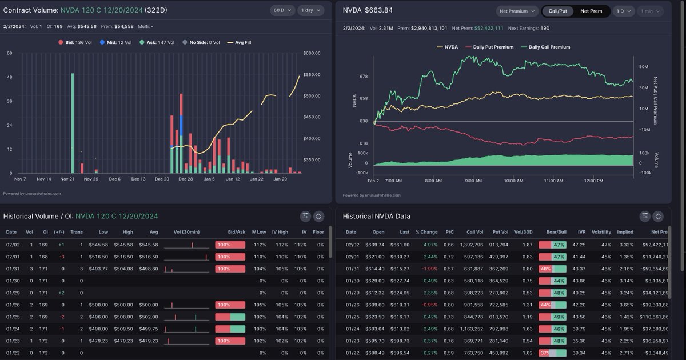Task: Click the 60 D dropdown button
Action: pos(282,10)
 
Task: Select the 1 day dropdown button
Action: pos(310,10)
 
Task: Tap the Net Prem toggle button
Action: pos(591,11)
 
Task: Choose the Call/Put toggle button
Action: pos(559,11)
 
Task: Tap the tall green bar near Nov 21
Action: pos(73,123)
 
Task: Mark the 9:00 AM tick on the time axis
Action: pos(473,181)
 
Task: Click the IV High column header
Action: pos(280,232)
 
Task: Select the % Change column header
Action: pos(426,232)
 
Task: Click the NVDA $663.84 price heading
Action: pos(368,10)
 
